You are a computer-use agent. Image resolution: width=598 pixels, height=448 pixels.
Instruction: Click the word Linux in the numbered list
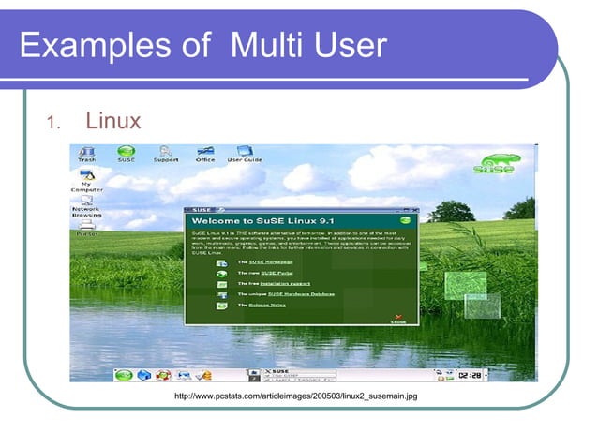coord(112,121)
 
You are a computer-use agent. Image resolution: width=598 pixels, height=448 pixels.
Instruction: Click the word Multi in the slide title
coord(260,44)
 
